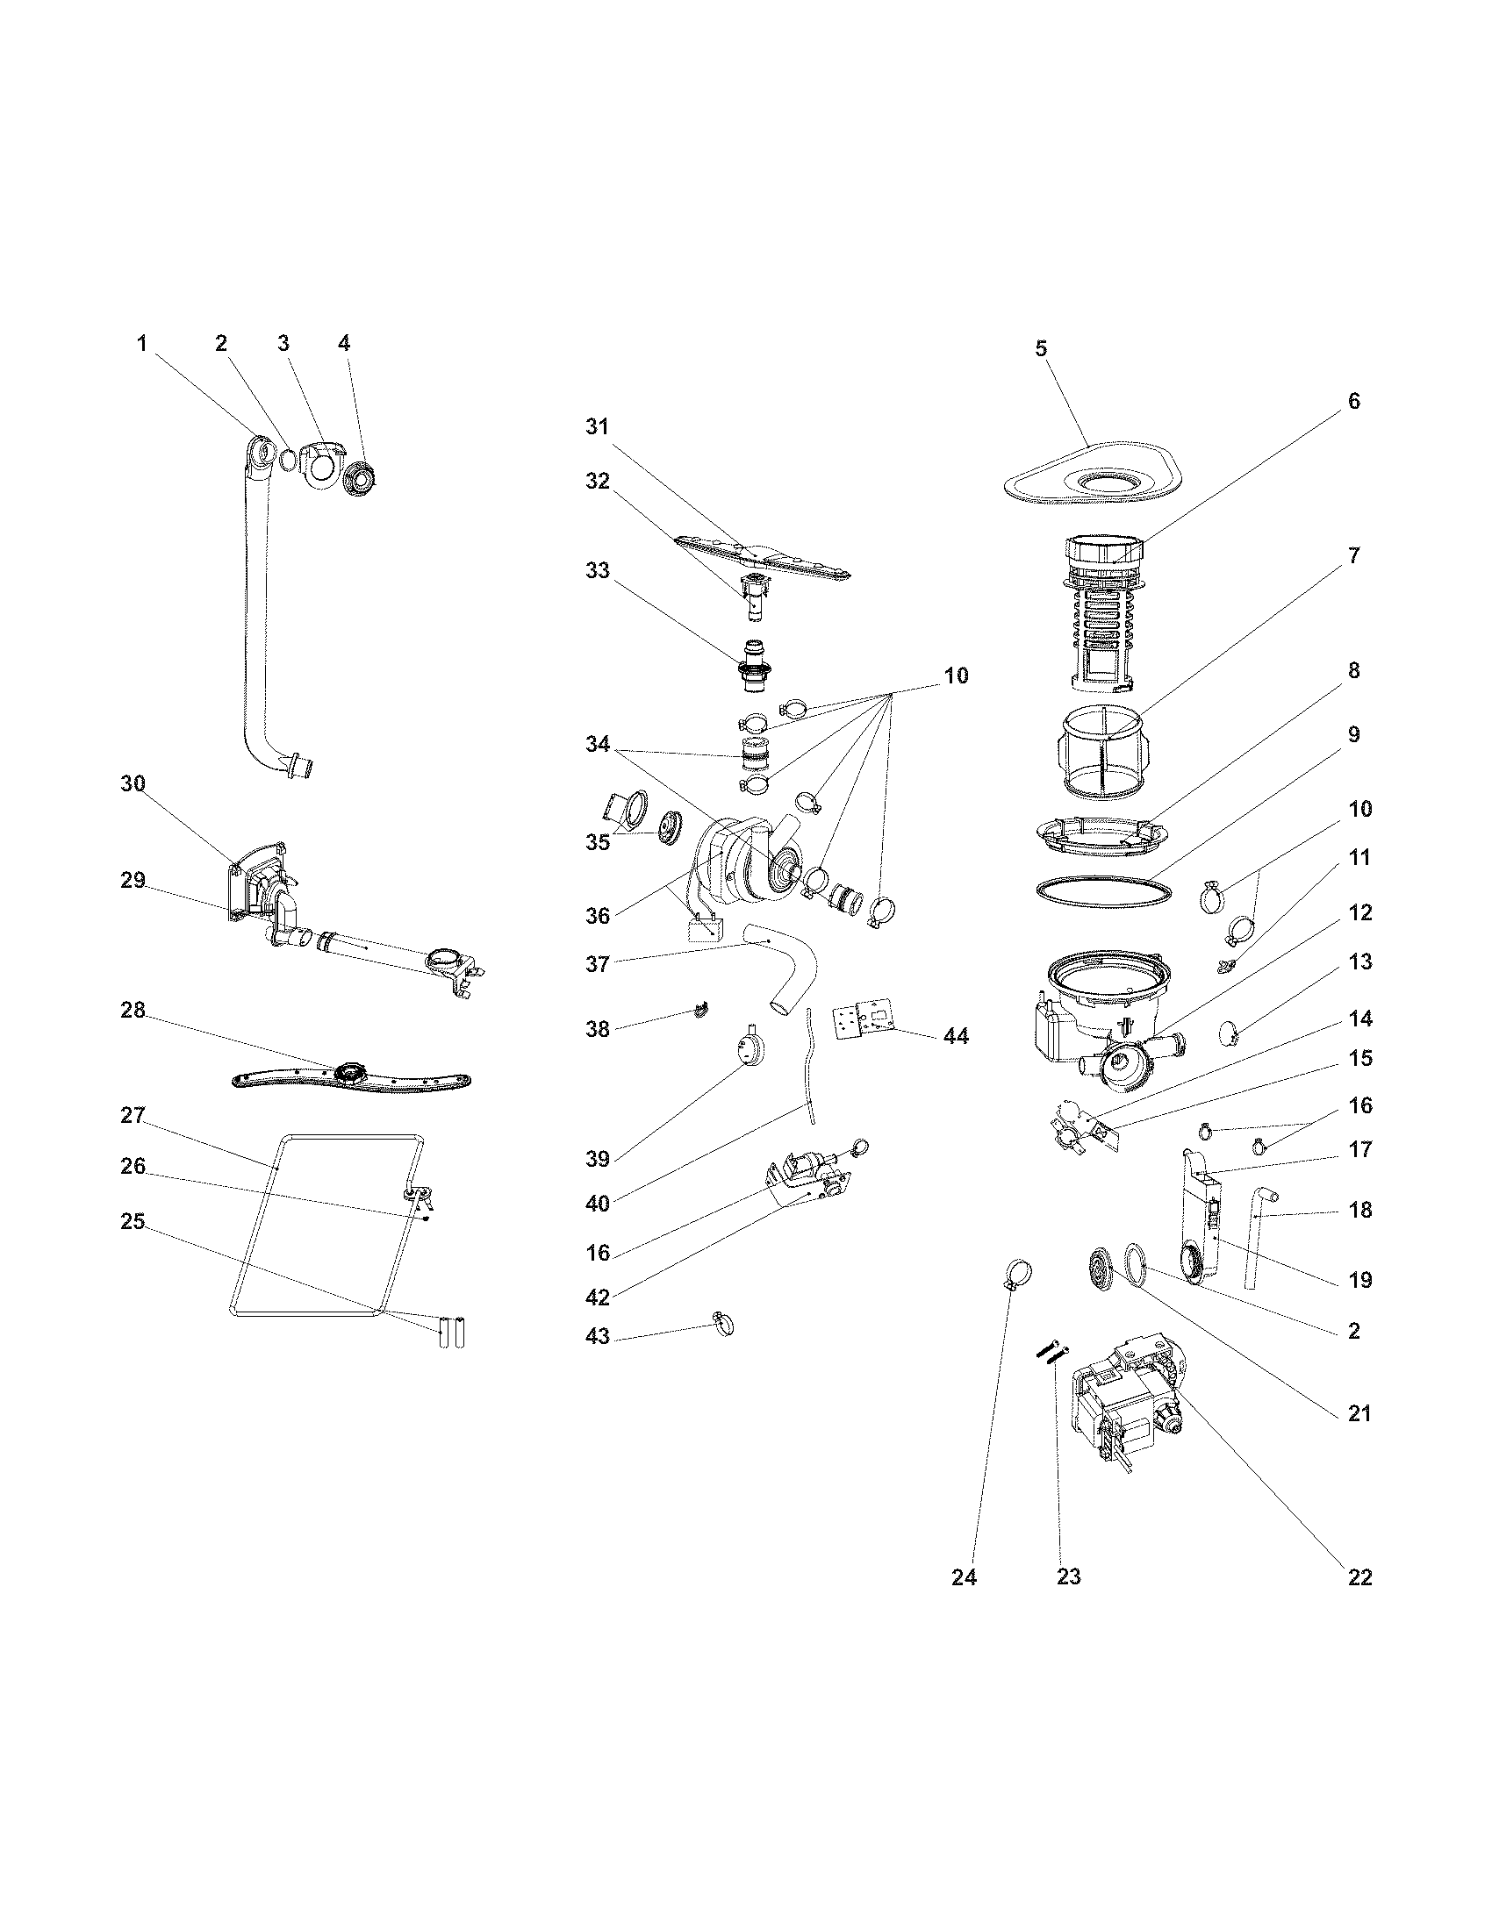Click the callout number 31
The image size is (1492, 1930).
[598, 427]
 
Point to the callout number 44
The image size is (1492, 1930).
[956, 1036]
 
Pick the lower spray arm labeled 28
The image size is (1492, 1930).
[352, 1078]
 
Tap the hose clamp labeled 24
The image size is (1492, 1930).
[1017, 1274]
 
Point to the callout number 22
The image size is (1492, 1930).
[1359, 1576]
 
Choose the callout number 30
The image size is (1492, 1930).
[133, 783]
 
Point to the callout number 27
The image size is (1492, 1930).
[133, 1115]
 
